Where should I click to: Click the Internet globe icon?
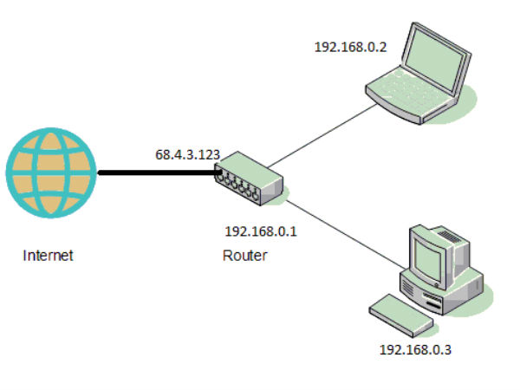pos(50,173)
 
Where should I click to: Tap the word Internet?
pos(49,256)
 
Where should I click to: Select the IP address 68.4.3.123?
pos(187,155)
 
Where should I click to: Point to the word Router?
pos(245,256)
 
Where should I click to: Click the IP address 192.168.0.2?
pos(350,45)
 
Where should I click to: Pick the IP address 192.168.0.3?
pos(416,351)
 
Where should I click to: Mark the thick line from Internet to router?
pos(156,173)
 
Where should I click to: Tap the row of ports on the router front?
pos(239,183)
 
